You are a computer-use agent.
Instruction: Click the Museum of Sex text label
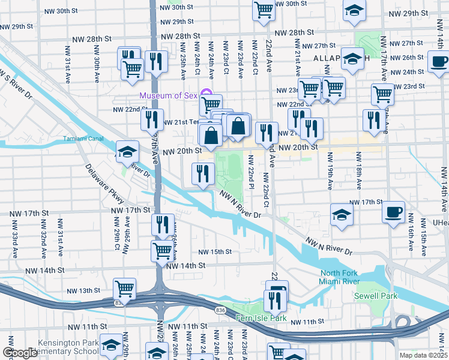(169, 96)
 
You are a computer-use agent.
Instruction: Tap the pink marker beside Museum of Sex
(206, 93)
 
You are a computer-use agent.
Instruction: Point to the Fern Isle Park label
(261, 318)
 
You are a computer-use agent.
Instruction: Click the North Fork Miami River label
(340, 278)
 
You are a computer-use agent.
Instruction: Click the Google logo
(20, 353)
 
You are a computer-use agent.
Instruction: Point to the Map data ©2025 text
(423, 355)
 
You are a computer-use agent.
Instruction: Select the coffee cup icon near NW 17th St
(393, 212)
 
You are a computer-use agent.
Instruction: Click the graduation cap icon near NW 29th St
(355, 10)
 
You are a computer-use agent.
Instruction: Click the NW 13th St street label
(83, 290)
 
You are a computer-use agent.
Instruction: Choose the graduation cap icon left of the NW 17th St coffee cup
(340, 215)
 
